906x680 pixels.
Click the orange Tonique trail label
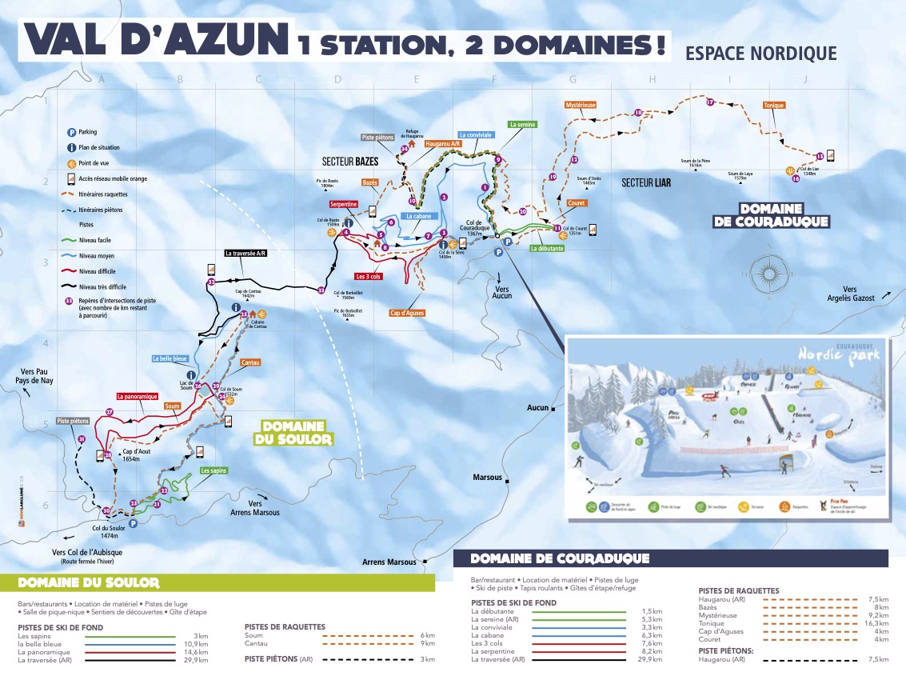pyautogui.click(x=773, y=105)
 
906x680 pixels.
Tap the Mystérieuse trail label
pyautogui.click(x=581, y=105)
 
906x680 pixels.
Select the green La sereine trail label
pyautogui.click(x=523, y=125)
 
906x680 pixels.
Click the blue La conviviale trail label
pyautogui.click(x=475, y=135)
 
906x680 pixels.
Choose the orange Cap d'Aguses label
pyautogui.click(x=407, y=313)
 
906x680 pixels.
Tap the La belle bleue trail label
pyautogui.click(x=170, y=359)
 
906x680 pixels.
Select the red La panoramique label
pyautogui.click(x=137, y=396)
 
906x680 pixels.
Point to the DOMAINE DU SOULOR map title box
pyautogui.click(x=293, y=433)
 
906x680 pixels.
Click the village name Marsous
pyautogui.click(x=487, y=478)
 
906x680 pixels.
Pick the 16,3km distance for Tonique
pyautogui.click(x=876, y=623)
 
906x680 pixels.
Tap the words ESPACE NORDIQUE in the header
pyautogui.click(x=761, y=54)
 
